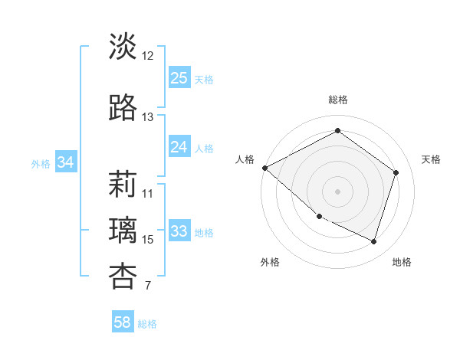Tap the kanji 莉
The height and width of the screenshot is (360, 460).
point(123,184)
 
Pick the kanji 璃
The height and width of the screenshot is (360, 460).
point(123,230)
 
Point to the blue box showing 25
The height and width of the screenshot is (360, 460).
point(179,78)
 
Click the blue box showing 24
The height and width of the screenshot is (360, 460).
point(179,147)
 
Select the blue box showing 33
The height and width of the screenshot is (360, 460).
point(179,231)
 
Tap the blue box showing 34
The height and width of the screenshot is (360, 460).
point(65,162)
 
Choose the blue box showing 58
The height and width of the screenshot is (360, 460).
point(122,322)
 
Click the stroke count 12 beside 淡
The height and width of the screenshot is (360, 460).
point(148,56)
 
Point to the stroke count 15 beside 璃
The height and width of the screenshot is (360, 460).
point(148,240)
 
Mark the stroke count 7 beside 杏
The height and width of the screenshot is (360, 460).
point(147,286)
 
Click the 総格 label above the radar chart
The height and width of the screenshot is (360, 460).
point(337,100)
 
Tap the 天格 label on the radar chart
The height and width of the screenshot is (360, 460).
point(432,159)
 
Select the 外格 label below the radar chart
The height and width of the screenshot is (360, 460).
point(270,262)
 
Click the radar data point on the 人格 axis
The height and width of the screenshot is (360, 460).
point(264,168)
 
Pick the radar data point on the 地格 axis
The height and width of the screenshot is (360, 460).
point(374,242)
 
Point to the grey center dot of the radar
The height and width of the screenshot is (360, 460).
point(337,191)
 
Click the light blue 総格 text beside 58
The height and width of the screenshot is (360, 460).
point(147,324)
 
